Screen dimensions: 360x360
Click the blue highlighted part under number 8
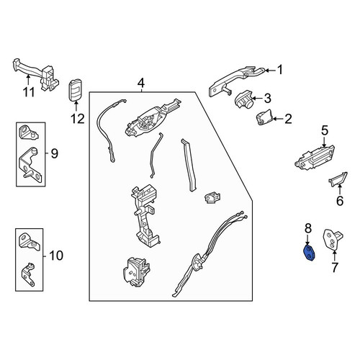[310, 253]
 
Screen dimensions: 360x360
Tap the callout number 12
[78, 119]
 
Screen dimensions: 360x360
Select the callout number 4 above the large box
[141, 84]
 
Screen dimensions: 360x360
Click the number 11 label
[29, 92]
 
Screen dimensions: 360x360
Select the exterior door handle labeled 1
[236, 81]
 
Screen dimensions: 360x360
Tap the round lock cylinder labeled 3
[243, 99]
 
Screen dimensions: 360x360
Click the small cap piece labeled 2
[264, 117]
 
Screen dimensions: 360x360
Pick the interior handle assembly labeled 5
[315, 158]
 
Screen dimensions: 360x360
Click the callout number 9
[55, 153]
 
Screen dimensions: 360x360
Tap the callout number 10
[56, 256]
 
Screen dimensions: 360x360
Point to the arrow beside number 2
[279, 119]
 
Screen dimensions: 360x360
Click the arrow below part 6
[340, 189]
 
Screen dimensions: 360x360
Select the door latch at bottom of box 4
[136, 272]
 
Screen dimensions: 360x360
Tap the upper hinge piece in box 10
[29, 241]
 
